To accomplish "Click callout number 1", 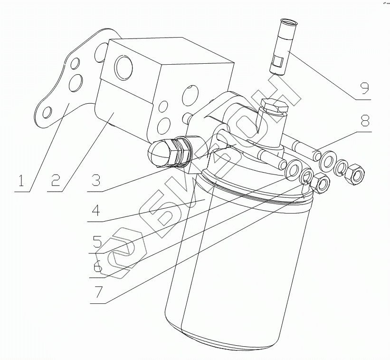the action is pyautogui.click(x=20, y=181).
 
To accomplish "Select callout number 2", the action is pyautogui.click(x=56, y=180).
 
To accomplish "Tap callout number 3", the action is pyautogui.click(x=96, y=181).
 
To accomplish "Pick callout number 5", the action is pyautogui.click(x=97, y=242).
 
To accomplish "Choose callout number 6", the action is pyautogui.click(x=97, y=266).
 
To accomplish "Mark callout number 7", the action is pyautogui.click(x=97, y=292).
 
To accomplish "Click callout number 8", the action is pyautogui.click(x=364, y=120).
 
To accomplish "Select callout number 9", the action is pyautogui.click(x=364, y=88).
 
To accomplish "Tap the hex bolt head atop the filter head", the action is pyautogui.click(x=274, y=107).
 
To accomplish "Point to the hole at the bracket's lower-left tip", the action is pyautogui.click(x=47, y=113).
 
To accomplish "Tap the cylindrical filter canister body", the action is pyautogui.click(x=238, y=266).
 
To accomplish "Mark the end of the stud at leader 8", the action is pyautogui.click(x=316, y=155).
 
